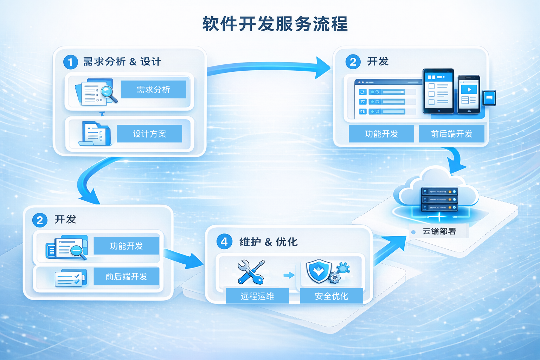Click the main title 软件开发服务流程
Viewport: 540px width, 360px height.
point(275,24)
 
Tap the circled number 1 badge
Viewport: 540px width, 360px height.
point(70,62)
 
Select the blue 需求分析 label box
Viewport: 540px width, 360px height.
point(153,89)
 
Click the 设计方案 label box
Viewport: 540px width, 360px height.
point(149,134)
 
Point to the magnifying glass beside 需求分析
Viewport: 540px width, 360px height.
point(108,93)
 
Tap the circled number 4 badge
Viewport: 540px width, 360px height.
point(224,242)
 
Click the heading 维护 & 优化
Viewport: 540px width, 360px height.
point(268,242)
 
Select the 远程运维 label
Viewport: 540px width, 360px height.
point(257,296)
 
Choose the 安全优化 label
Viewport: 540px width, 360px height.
point(331,296)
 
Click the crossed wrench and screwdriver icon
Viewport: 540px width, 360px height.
point(251,272)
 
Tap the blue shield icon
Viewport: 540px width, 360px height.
point(319,271)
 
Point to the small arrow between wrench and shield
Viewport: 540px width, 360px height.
point(289,275)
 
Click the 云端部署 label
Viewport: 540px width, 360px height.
point(439,231)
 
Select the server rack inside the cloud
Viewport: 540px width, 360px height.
point(439,199)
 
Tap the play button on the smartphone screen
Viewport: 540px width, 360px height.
point(469,89)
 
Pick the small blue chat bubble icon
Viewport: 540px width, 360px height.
point(489,98)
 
